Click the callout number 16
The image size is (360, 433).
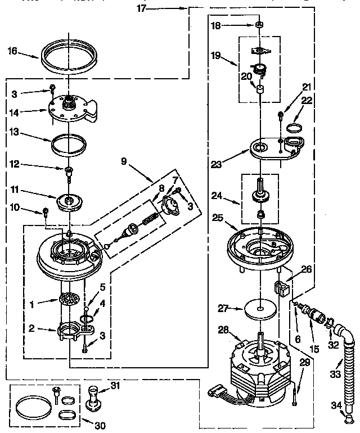coord(12,51)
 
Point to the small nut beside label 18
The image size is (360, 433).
coord(260,25)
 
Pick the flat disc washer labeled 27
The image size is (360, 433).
coord(260,308)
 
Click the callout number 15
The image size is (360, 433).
coord(314,349)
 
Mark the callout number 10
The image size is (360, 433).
coord(13,208)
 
